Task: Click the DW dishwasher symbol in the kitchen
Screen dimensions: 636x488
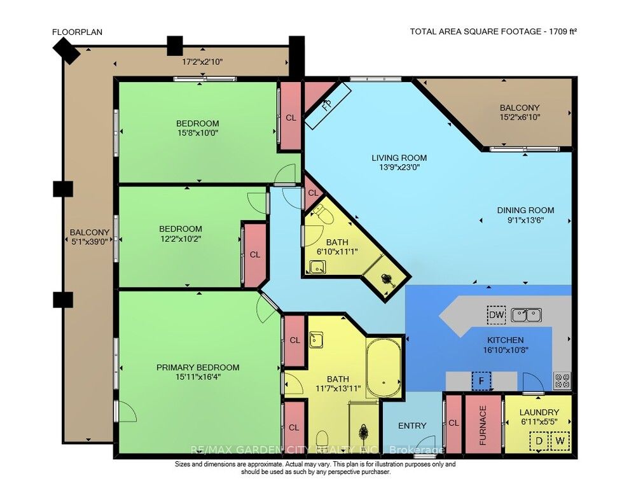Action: click(x=497, y=315)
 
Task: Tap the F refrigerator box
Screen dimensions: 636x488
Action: click(x=481, y=381)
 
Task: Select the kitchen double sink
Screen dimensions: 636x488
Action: click(x=526, y=315)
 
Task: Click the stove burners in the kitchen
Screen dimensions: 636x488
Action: click(x=562, y=380)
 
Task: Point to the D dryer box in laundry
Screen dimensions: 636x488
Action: click(x=539, y=440)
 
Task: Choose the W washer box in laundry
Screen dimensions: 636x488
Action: click(x=560, y=440)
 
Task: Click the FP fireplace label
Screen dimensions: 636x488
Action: click(x=327, y=104)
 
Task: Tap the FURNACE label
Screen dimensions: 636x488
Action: click(x=483, y=425)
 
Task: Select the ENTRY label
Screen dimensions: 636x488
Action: click(x=412, y=426)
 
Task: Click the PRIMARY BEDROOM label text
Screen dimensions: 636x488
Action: click(x=198, y=368)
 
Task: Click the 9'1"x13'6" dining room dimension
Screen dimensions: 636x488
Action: click(x=525, y=220)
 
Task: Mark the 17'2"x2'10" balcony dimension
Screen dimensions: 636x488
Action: click(x=202, y=62)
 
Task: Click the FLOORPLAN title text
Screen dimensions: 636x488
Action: click(x=77, y=32)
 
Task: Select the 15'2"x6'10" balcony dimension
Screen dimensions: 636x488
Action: click(x=520, y=117)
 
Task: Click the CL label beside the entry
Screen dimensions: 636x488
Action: click(x=453, y=422)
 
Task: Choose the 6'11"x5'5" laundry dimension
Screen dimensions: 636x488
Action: click(x=539, y=421)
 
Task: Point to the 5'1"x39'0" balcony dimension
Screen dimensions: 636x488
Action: click(x=90, y=242)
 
